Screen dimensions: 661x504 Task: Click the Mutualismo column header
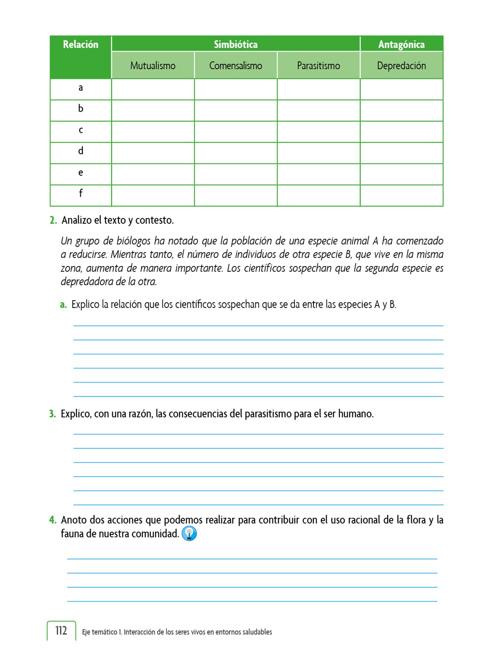point(153,66)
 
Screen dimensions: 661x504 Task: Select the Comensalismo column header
point(236,66)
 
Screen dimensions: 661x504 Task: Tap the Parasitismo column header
point(318,66)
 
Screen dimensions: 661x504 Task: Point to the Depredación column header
point(401,66)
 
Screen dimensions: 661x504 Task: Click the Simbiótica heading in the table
point(236,44)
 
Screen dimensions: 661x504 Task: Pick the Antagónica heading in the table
point(401,44)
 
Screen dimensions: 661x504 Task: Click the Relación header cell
point(81,45)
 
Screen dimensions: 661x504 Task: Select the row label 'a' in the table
point(81,88)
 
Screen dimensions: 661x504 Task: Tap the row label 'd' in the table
point(81,151)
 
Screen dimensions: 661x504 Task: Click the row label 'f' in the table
point(81,193)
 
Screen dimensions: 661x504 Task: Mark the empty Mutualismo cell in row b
point(153,110)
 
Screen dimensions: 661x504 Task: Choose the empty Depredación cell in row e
point(401,174)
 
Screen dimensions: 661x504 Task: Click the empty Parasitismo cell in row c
point(318,132)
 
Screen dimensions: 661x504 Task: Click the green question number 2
point(53,220)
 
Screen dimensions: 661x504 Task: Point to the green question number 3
point(53,414)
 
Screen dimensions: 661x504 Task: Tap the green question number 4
point(53,520)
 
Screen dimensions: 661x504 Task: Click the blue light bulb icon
point(189,534)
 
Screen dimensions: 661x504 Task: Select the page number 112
point(61,631)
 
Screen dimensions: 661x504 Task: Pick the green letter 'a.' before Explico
point(63,304)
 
